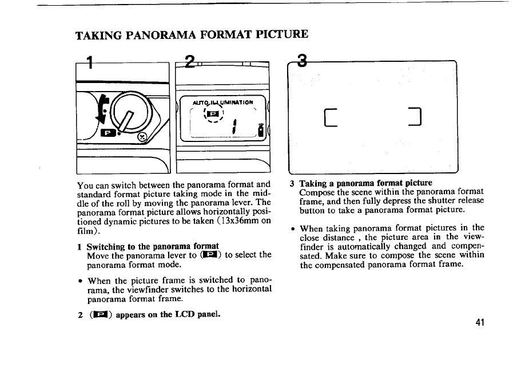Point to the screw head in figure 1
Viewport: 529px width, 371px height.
click(x=143, y=137)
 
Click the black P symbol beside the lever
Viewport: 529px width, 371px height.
click(x=108, y=134)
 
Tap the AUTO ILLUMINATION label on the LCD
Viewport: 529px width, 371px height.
click(x=223, y=101)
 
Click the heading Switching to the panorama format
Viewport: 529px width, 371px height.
click(x=153, y=246)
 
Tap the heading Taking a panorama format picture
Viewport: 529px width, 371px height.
click(x=365, y=183)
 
